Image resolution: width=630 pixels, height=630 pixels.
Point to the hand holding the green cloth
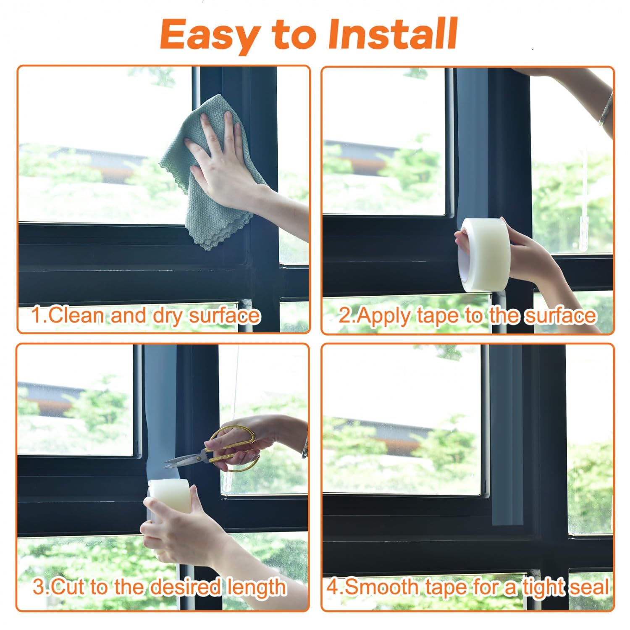(x=235, y=168)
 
